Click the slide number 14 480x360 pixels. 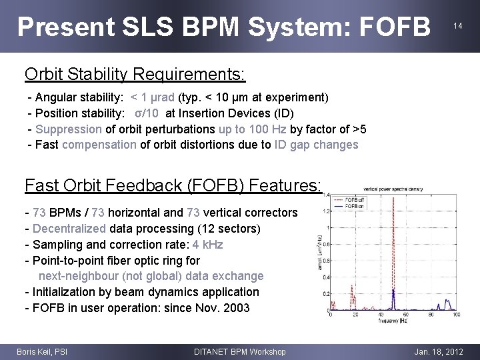(x=458, y=26)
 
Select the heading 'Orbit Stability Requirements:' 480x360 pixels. (x=135, y=73)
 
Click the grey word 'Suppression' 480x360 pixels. (x=69, y=129)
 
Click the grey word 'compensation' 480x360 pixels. (x=99, y=145)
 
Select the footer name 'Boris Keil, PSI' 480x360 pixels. (x=41, y=351)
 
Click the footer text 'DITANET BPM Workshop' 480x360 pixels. (x=239, y=351)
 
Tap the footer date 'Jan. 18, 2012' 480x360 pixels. (x=437, y=351)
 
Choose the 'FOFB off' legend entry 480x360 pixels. (x=354, y=199)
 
